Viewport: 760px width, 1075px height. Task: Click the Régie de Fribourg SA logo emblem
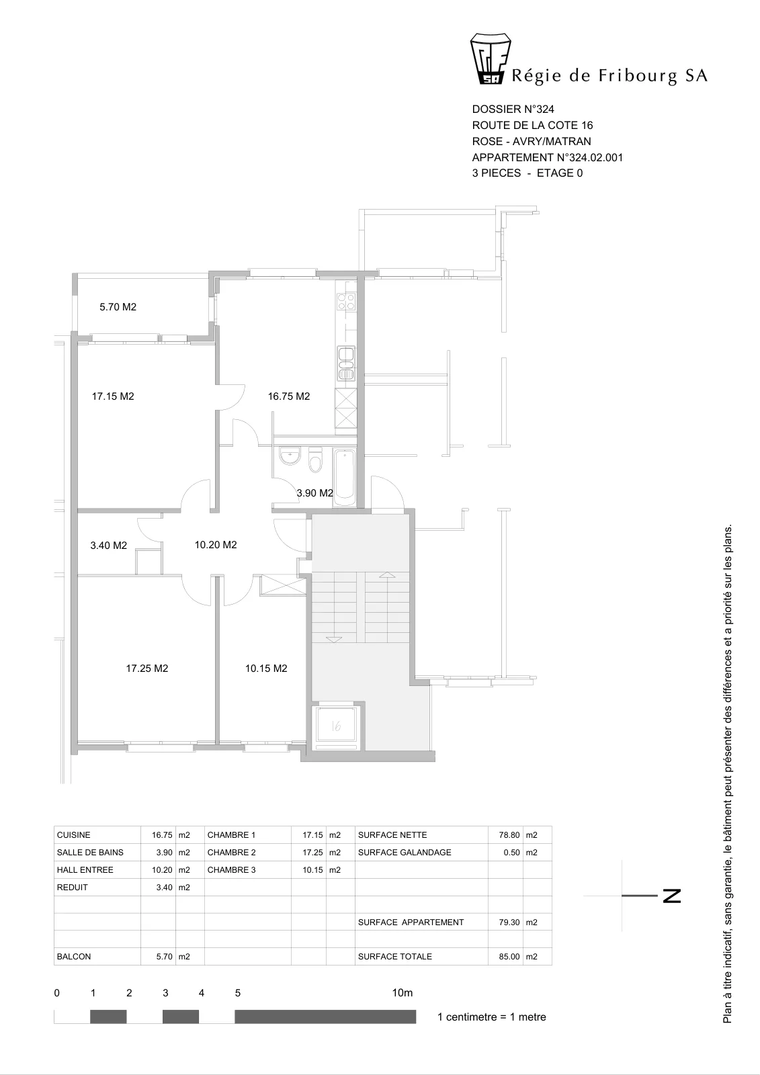[x=490, y=58]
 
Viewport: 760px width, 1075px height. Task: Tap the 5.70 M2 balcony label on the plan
[x=118, y=306]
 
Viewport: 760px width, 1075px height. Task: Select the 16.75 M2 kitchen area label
[x=288, y=396]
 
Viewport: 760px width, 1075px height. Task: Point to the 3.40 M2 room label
[x=108, y=545]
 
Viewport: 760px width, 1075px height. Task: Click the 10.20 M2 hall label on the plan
[x=216, y=544]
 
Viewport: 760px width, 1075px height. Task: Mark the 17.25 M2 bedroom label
[x=147, y=668]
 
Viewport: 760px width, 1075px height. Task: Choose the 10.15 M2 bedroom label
[x=266, y=668]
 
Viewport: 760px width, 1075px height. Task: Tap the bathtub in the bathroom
[x=344, y=477]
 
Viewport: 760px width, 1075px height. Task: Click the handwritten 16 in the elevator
[x=336, y=726]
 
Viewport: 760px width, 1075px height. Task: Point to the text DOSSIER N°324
[x=513, y=109]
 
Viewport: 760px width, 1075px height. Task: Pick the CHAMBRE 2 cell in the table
[x=231, y=852]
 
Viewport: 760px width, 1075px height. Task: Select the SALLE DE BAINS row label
[x=90, y=852]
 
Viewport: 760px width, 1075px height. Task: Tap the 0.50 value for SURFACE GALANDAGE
[x=512, y=852]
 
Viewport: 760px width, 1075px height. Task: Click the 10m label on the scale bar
[x=403, y=992]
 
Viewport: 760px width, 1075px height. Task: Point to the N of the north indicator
[x=672, y=896]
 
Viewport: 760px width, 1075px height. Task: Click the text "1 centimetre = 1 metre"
[x=492, y=1017]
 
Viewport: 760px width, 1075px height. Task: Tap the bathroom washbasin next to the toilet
[x=290, y=456]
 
